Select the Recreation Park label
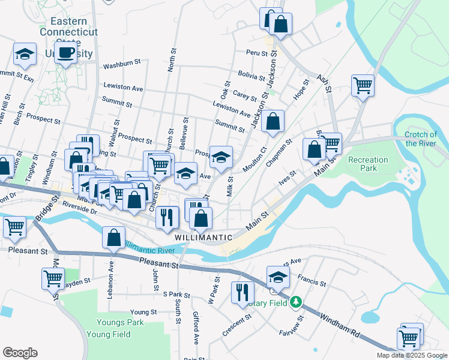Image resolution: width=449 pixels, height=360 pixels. [x=368, y=164]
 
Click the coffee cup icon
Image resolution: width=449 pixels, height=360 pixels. [x=67, y=52]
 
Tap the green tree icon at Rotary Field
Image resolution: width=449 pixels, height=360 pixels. [x=295, y=301]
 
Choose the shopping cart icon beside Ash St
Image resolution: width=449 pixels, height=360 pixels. [x=363, y=86]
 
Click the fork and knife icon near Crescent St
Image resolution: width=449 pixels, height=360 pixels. [x=243, y=292]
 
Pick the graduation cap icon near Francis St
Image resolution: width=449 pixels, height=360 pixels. [x=278, y=277]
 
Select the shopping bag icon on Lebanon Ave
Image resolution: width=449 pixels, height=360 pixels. [x=113, y=238]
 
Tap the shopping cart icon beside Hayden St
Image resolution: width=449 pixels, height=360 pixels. [x=53, y=278]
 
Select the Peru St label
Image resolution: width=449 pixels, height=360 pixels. [x=257, y=53]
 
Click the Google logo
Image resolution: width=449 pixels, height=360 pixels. [x=20, y=353]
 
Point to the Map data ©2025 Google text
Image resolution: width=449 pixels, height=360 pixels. [x=411, y=355]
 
